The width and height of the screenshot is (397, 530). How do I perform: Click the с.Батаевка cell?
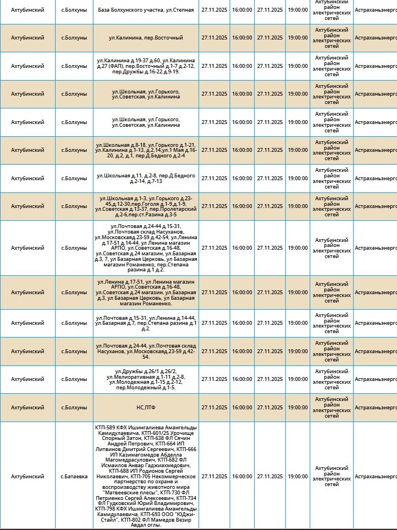73,477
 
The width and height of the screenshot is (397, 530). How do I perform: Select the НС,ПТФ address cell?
145,408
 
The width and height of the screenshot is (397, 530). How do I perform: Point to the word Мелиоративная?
128,377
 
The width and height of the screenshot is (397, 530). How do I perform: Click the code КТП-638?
126,438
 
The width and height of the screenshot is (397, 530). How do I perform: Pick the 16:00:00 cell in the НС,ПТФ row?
242,408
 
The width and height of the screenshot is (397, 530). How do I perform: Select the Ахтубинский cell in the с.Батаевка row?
28,477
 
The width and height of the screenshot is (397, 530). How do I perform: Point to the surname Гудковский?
127,503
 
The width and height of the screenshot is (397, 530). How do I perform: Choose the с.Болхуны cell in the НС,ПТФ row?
73,408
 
